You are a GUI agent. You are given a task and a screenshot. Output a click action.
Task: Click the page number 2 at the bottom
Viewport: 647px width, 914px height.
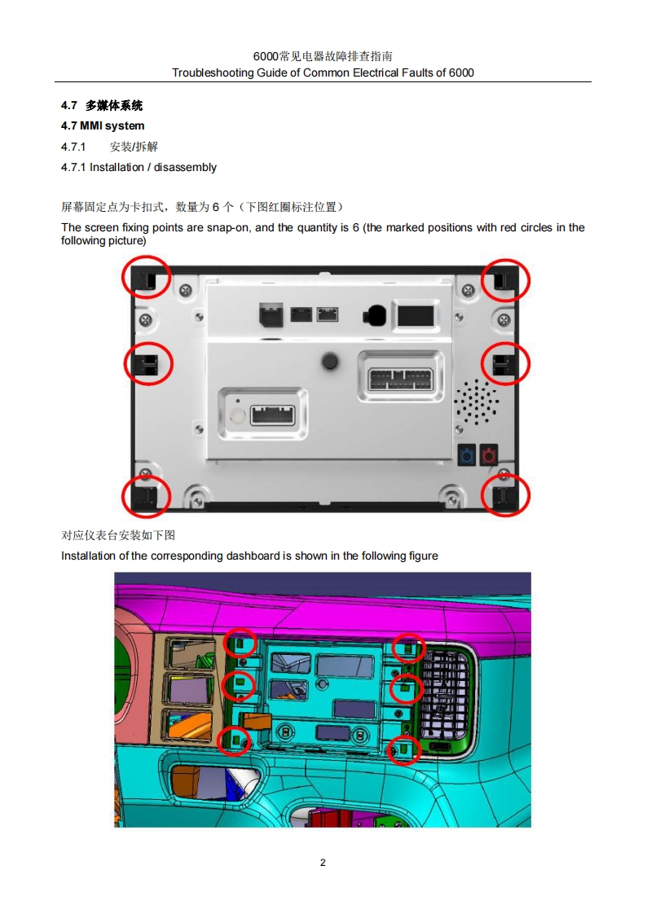323,862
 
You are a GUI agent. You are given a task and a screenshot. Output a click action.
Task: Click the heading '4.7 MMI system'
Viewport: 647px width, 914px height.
103,126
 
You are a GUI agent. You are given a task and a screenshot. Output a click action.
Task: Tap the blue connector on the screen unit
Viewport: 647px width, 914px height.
467,455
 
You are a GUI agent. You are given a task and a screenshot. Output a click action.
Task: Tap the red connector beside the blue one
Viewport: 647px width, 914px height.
488,455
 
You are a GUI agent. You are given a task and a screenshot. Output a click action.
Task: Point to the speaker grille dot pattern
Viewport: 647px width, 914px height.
476,402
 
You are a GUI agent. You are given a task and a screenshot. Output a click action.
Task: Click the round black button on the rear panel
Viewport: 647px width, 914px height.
331,361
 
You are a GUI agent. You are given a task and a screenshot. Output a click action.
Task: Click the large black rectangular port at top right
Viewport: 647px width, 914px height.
416,316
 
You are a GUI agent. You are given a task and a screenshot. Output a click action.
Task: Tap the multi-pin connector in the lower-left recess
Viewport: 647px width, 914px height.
273,415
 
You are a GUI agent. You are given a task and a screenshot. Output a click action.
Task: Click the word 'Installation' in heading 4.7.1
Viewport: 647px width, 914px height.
117,167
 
